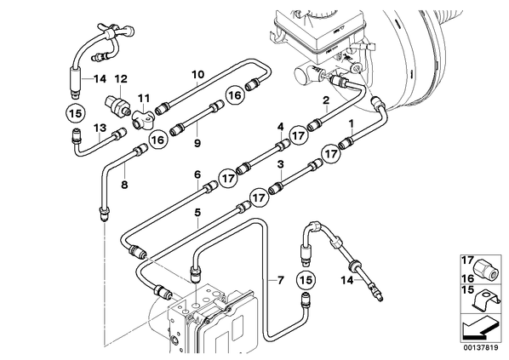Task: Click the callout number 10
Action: tap(198, 74)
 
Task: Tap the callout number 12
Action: tap(121, 79)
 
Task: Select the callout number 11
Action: tap(144, 98)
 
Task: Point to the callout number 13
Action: tap(100, 128)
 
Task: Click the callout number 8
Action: tap(124, 185)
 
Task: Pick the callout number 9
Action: tap(197, 143)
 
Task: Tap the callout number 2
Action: tap(326, 100)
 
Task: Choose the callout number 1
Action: tap(351, 123)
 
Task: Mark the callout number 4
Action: tap(281, 127)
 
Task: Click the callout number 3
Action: tap(281, 164)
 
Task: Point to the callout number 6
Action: tap(197, 175)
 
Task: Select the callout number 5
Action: tap(197, 213)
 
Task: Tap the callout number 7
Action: tap(281, 280)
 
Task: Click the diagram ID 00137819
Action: tap(480, 348)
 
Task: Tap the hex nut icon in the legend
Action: tap(485, 268)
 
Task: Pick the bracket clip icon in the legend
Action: tap(486, 300)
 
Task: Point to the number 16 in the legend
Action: tap(467, 278)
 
